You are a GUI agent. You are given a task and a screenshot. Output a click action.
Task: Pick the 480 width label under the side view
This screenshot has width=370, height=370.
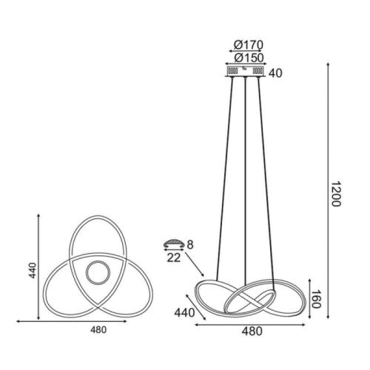tap(252, 332)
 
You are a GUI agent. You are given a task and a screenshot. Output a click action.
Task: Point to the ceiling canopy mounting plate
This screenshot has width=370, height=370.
tap(244, 71)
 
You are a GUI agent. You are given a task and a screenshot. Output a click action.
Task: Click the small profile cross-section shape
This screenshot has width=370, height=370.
tap(173, 243)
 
